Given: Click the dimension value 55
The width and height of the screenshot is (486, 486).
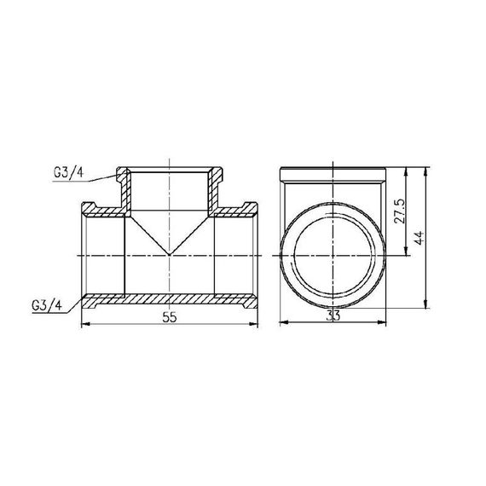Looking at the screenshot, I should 171,316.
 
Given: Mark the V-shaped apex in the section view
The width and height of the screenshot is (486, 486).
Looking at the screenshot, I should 171,254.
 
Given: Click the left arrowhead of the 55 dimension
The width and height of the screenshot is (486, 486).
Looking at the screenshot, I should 84,324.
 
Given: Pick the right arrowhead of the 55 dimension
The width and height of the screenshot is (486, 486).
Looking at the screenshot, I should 256,324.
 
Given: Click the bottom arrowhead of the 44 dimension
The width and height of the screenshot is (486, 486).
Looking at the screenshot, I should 425,304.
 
